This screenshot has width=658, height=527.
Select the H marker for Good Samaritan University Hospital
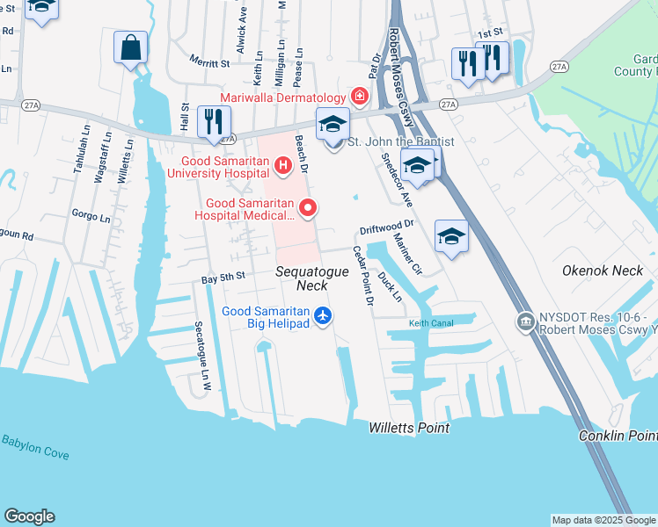[x=282, y=164]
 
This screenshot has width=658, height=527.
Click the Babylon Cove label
[x=35, y=447]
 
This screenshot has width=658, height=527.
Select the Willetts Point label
[x=409, y=428]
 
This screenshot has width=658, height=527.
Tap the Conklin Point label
[x=618, y=436]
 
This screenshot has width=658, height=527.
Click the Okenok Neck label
[x=603, y=271]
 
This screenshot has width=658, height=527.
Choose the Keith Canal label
[x=429, y=323]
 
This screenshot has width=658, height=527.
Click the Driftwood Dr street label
[x=385, y=228]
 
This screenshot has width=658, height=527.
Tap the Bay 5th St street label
[x=222, y=277]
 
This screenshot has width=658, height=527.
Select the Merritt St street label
[x=209, y=62]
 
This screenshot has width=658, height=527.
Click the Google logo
[x=29, y=516]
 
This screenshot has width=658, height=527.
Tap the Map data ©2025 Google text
[x=603, y=520]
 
